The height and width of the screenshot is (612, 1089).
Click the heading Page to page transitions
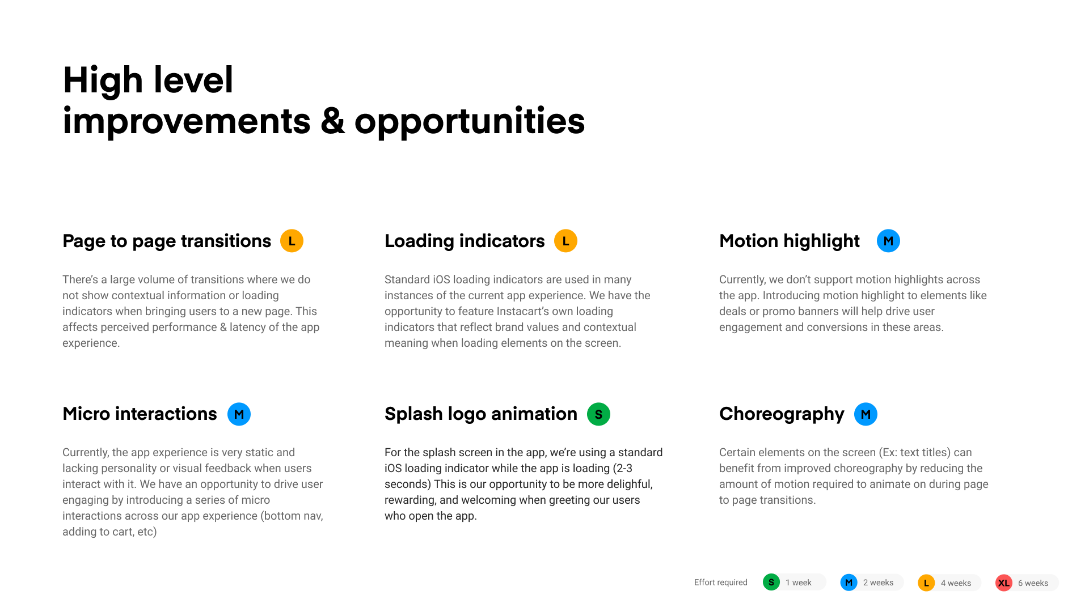167,241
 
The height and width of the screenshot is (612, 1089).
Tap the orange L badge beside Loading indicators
565,241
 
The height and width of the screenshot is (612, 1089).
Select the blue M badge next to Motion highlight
888,241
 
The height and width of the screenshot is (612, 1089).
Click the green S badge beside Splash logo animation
598,414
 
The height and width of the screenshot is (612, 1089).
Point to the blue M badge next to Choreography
866,414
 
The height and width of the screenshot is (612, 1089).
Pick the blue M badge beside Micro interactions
239,414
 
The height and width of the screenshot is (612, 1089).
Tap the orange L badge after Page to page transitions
292,241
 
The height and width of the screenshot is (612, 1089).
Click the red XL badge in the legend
1004,583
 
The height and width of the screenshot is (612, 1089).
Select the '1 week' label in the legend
798,583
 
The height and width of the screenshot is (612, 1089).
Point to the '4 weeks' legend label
956,583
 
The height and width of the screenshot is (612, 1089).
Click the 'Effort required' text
720,583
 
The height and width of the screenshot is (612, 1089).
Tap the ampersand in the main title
332,121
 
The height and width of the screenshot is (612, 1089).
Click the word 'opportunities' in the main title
470,121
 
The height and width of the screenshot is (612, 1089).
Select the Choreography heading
782,414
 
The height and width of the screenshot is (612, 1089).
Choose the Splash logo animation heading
481,414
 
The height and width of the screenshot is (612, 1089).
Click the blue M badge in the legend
849,583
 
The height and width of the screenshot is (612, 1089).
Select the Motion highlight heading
790,241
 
